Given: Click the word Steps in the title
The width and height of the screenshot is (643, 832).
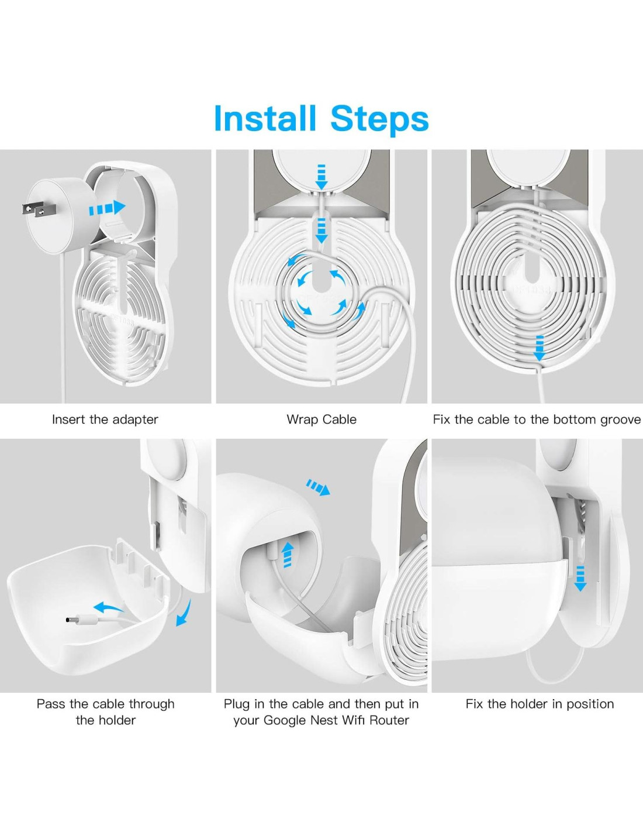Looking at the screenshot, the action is coord(380,119).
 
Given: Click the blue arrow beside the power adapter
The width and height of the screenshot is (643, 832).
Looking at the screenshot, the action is coord(107,208).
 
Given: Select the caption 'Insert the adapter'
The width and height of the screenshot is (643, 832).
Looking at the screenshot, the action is coord(105,420).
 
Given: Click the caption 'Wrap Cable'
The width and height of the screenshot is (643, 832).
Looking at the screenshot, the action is coord(321,420).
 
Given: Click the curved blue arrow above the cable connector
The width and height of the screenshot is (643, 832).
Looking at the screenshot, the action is coord(109,607).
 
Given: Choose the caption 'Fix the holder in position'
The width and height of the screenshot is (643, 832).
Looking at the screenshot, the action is coord(540,704).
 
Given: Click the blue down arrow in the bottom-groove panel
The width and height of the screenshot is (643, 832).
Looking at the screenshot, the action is coord(540,348).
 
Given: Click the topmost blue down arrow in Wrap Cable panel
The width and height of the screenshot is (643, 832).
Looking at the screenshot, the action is coord(321,177).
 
